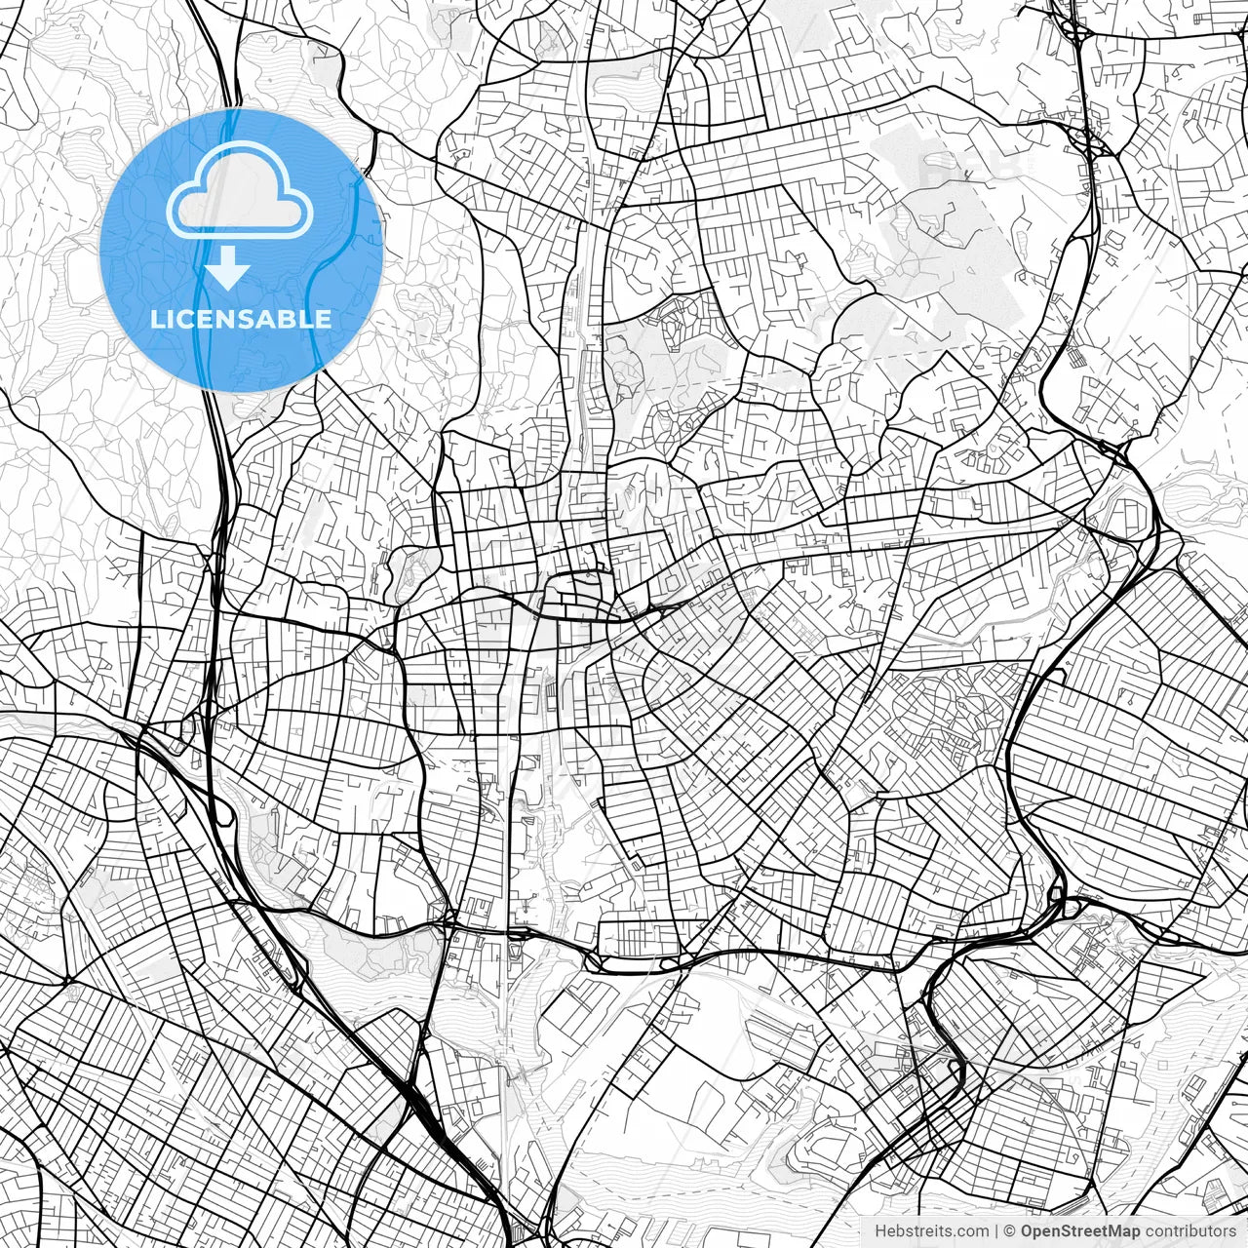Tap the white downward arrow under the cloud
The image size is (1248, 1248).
tap(228, 268)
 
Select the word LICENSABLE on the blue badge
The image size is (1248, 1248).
tap(241, 319)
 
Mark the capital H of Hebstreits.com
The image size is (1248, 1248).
tap(880, 1231)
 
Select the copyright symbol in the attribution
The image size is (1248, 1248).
tap(1010, 1231)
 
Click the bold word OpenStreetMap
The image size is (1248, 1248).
tap(1080, 1231)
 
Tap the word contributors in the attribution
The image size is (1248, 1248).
tap(1190, 1231)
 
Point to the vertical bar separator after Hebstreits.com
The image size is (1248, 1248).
tap(996, 1231)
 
